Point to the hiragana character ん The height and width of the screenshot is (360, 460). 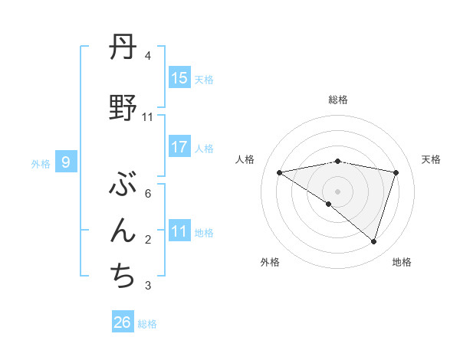(123, 232)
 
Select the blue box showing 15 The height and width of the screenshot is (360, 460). (179, 77)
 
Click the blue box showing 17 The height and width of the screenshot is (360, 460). (179, 147)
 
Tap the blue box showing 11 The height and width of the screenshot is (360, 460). (179, 231)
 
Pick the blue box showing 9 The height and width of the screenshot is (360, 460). (66, 162)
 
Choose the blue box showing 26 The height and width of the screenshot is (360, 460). (123, 322)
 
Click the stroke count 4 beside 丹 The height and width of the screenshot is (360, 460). (148, 56)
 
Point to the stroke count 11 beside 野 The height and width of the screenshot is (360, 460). (148, 117)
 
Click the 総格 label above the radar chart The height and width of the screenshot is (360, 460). (338, 100)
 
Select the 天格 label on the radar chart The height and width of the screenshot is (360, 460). (432, 159)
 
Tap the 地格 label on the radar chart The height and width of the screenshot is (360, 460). (402, 262)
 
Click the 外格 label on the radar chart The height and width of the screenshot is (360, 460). (270, 262)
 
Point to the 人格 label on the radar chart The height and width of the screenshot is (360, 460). (245, 159)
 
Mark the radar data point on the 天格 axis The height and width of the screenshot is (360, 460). (396, 172)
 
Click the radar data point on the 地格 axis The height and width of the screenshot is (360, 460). (374, 241)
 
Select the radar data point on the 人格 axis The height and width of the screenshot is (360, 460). (280, 172)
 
